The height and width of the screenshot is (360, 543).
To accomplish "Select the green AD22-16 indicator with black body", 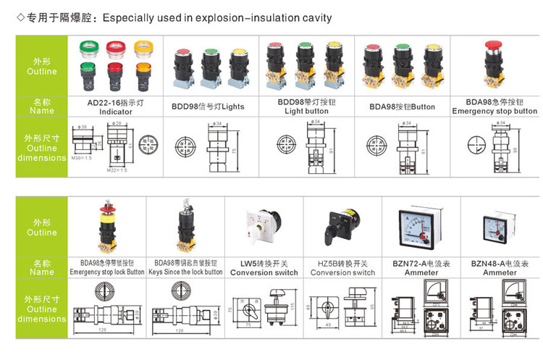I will pyautogui.click(x=90, y=75).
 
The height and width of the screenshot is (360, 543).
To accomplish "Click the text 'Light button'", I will pyautogui.click(x=306, y=112).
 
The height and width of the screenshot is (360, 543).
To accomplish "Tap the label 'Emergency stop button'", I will pyautogui.click(x=494, y=112).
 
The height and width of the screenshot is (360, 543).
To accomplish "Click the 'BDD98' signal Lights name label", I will pyautogui.click(x=208, y=106).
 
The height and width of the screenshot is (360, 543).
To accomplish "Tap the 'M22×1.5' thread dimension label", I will pyautogui.click(x=117, y=170).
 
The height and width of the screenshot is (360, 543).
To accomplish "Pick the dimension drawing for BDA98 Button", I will pyautogui.click(x=403, y=146).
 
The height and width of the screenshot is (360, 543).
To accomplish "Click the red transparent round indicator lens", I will pyautogui.click(x=116, y=49).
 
